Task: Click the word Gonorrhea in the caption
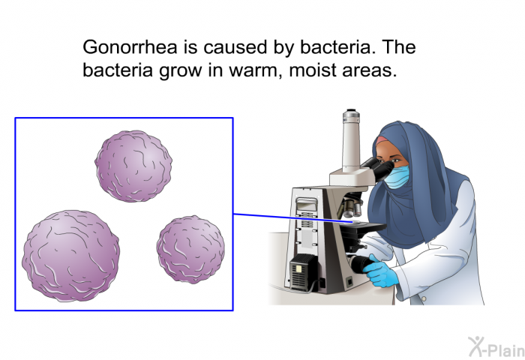(x=130, y=47)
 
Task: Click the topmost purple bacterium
(x=133, y=166)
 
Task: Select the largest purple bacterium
(x=70, y=256)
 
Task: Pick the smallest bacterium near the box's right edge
(x=190, y=250)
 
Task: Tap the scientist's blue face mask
(x=397, y=177)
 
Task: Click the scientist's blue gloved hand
(x=380, y=271)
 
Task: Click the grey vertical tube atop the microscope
(x=351, y=140)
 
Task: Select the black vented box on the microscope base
(x=303, y=272)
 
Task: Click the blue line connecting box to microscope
(x=292, y=217)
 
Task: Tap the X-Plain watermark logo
(x=496, y=347)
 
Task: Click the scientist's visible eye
(x=397, y=160)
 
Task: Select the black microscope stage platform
(x=362, y=229)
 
